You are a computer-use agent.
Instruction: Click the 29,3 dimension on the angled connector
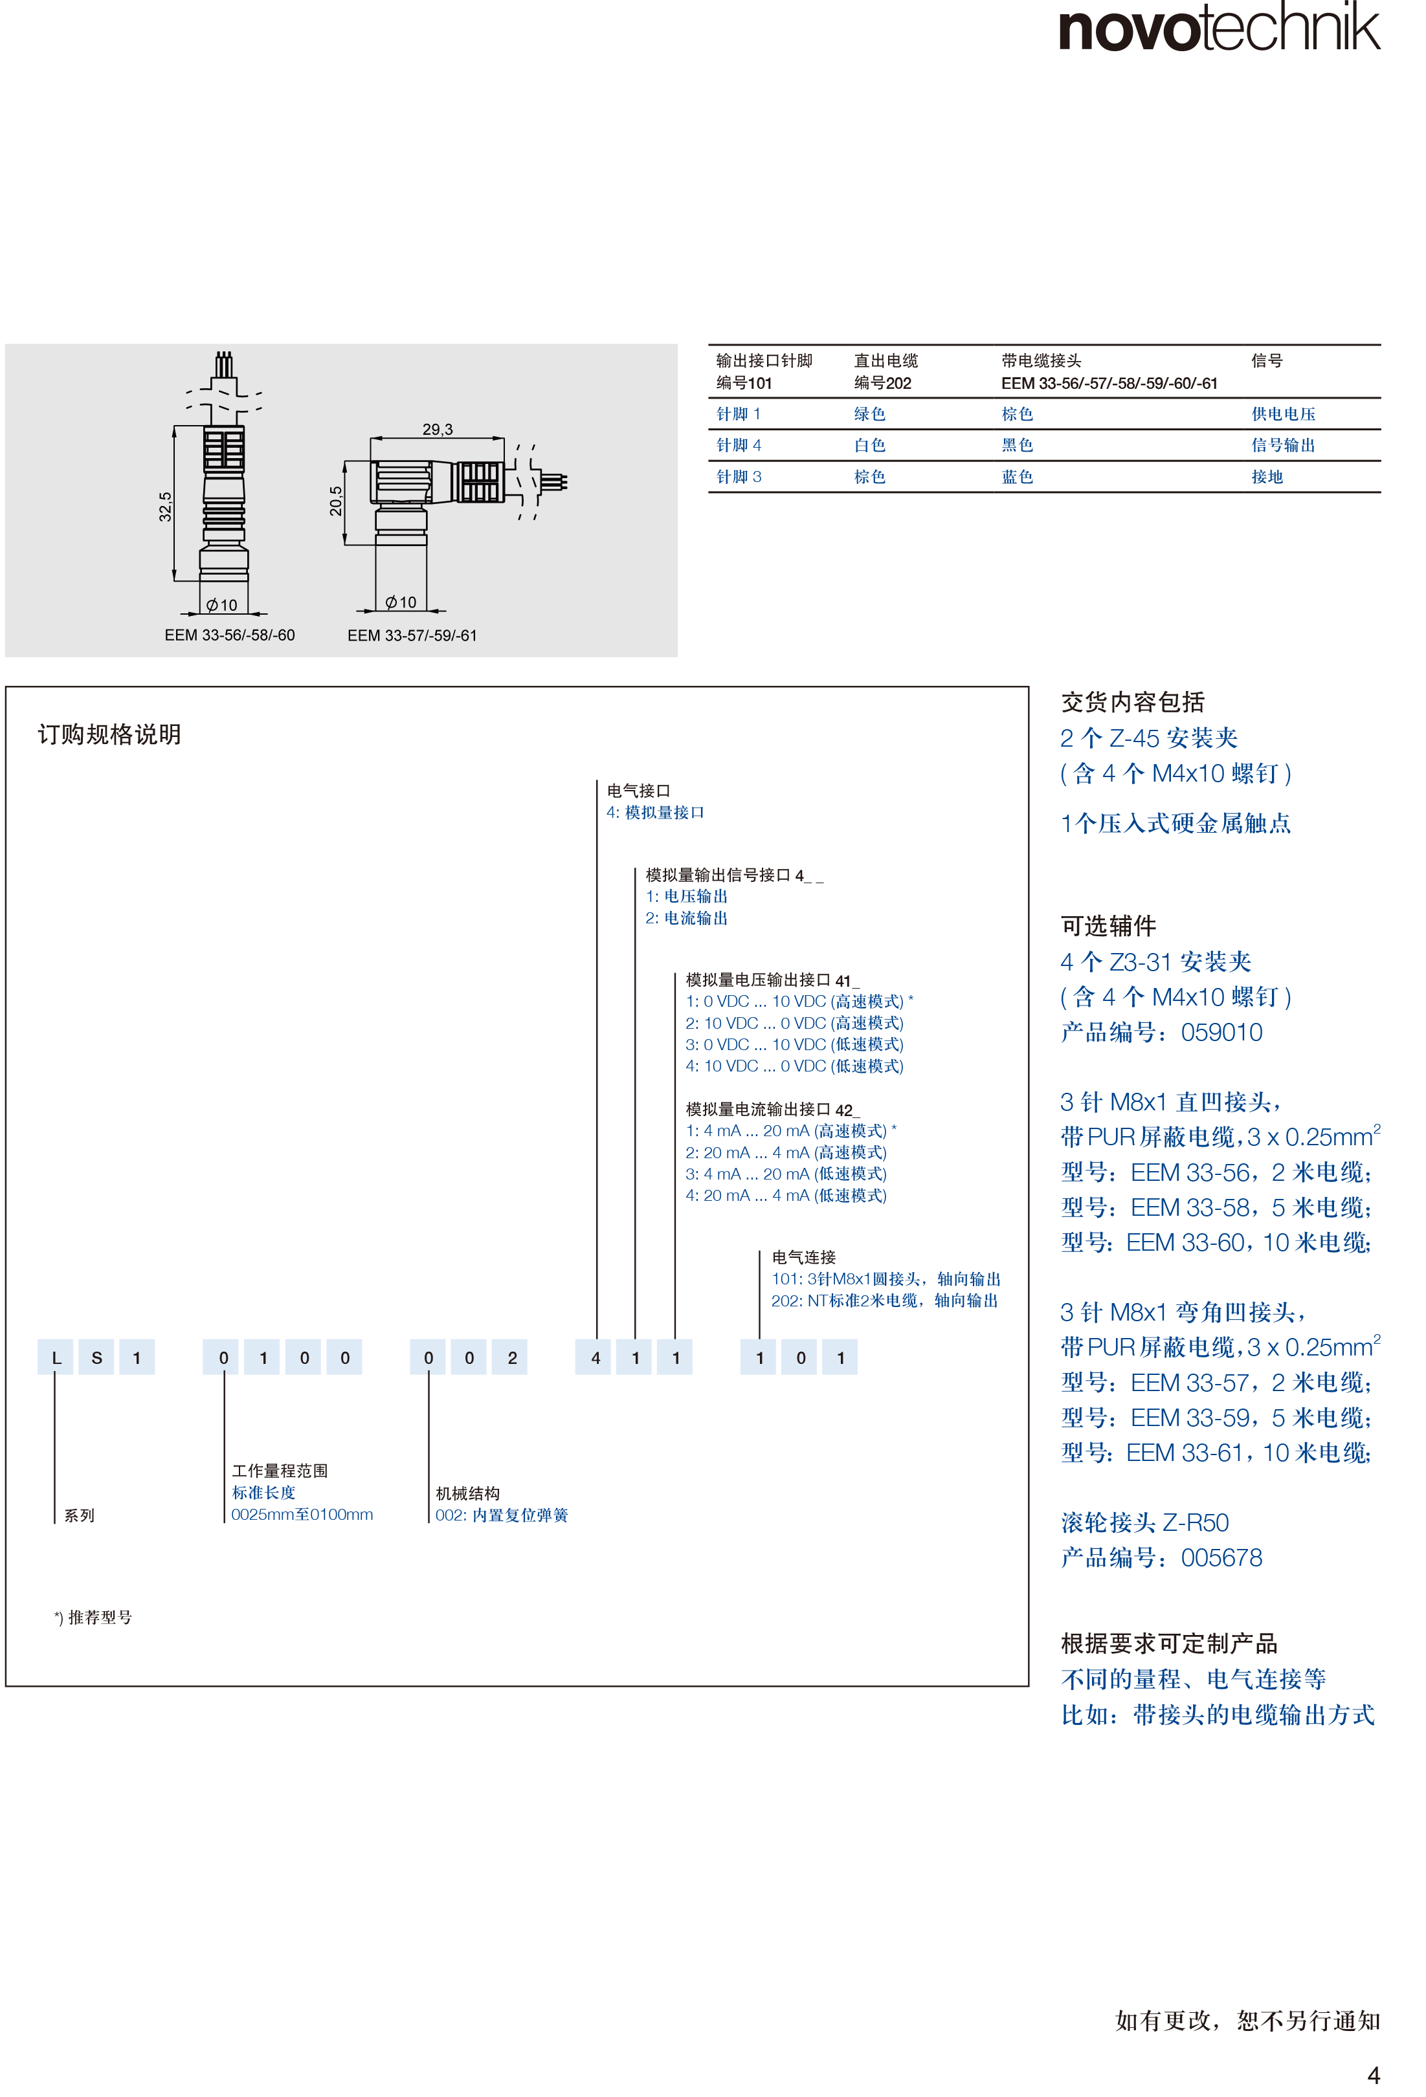(x=438, y=430)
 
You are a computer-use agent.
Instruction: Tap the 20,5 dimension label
(x=336, y=501)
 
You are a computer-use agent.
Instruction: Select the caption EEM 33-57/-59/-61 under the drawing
(x=412, y=635)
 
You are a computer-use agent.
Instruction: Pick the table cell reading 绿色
(x=870, y=414)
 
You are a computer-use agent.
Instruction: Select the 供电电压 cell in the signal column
(x=1284, y=414)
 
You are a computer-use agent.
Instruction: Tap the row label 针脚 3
(x=739, y=476)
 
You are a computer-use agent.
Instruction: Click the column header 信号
(x=1267, y=360)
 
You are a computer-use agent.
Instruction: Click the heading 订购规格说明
(x=109, y=734)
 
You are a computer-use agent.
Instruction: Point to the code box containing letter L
(x=55, y=1357)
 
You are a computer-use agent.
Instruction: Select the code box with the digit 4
(x=595, y=1357)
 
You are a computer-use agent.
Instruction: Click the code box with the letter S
(x=96, y=1357)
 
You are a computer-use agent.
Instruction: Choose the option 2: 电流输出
(x=686, y=917)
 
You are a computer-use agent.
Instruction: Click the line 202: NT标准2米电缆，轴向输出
(x=884, y=1301)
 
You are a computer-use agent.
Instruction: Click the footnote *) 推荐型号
(x=93, y=1617)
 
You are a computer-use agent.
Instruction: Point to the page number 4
(x=1373, y=2076)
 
